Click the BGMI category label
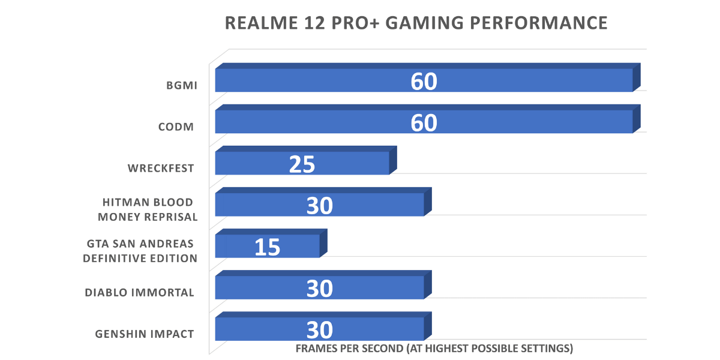pyautogui.click(x=182, y=85)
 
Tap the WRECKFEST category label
pyautogui.click(x=161, y=168)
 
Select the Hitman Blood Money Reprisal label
pyautogui.click(x=148, y=209)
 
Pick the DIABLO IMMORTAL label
pyautogui.click(x=139, y=293)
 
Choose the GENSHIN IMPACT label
pyautogui.click(x=145, y=334)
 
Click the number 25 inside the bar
pyautogui.click(x=302, y=164)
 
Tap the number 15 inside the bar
pyautogui.click(x=267, y=247)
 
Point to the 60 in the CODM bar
pyautogui.click(x=424, y=123)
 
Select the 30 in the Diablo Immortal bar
pyautogui.click(x=319, y=289)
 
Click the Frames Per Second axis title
pyautogui.click(x=434, y=348)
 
